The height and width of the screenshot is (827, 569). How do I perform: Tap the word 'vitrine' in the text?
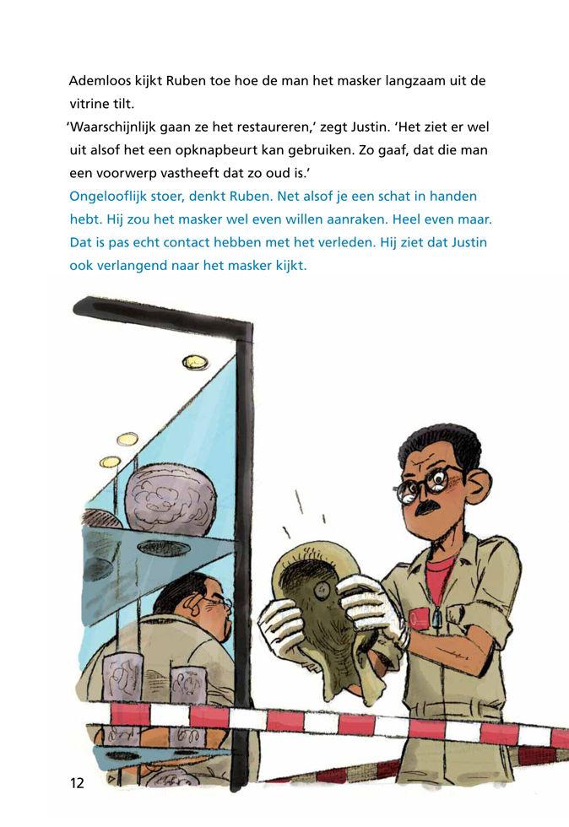point(89,105)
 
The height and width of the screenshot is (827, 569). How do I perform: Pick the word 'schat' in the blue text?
point(380,196)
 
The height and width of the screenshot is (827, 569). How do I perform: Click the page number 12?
point(77,783)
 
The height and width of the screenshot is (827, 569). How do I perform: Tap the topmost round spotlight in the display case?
point(195,363)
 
